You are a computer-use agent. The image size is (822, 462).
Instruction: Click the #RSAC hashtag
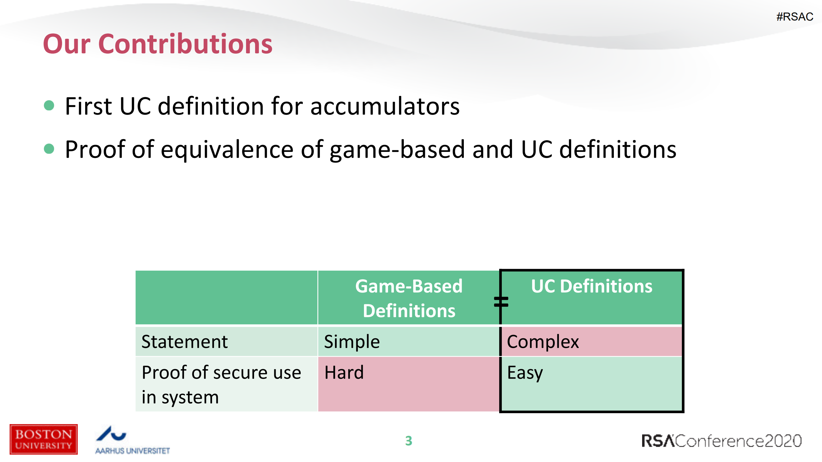tap(794, 17)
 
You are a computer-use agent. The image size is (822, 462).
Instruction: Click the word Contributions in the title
tap(185, 44)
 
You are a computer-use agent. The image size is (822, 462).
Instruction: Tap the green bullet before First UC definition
tap(49, 105)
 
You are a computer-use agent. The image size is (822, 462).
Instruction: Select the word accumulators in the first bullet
tap(385, 107)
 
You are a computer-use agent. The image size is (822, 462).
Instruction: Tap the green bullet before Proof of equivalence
tap(49, 149)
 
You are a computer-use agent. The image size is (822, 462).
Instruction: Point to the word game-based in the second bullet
tap(397, 150)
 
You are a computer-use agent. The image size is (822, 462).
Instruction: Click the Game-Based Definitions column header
tap(408, 298)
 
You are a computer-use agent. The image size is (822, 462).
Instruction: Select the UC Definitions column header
tap(591, 286)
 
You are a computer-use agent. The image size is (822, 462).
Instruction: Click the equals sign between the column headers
tap(501, 302)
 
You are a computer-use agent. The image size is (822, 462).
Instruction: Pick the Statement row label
tap(184, 342)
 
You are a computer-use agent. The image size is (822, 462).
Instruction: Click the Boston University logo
tap(44, 439)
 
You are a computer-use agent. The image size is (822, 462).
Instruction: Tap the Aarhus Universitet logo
tap(132, 440)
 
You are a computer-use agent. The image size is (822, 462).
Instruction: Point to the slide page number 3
tap(408, 441)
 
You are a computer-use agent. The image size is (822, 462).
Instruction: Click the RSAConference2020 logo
tap(721, 441)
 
